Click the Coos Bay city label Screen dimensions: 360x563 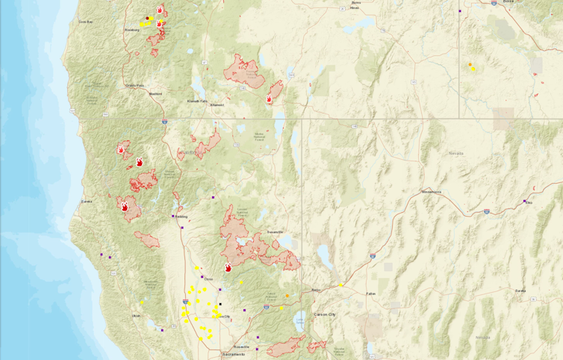[x=85, y=22]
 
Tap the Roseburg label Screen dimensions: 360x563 [x=131, y=30]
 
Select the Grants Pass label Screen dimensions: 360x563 [x=134, y=86]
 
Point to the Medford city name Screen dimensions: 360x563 [x=155, y=94]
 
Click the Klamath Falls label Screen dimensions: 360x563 [x=198, y=101]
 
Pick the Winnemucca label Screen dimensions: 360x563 [x=432, y=192]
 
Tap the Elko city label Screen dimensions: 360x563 [x=529, y=202]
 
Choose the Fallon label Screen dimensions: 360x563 [x=371, y=294]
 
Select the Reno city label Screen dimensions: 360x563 [x=316, y=290]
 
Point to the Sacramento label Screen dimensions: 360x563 [x=233, y=354]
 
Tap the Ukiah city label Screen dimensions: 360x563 [x=136, y=316]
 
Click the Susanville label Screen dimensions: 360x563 [x=274, y=232]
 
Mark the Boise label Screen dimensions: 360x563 [x=508, y=2]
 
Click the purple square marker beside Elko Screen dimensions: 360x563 [x=524, y=200]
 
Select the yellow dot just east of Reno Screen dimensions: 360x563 [x=340, y=285]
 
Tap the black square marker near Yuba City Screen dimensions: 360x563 [x=220, y=304]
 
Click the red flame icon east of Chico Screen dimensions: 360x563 [x=228, y=267]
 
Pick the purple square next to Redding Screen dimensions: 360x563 [x=173, y=216]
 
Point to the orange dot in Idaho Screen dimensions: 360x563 [x=470, y=65]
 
